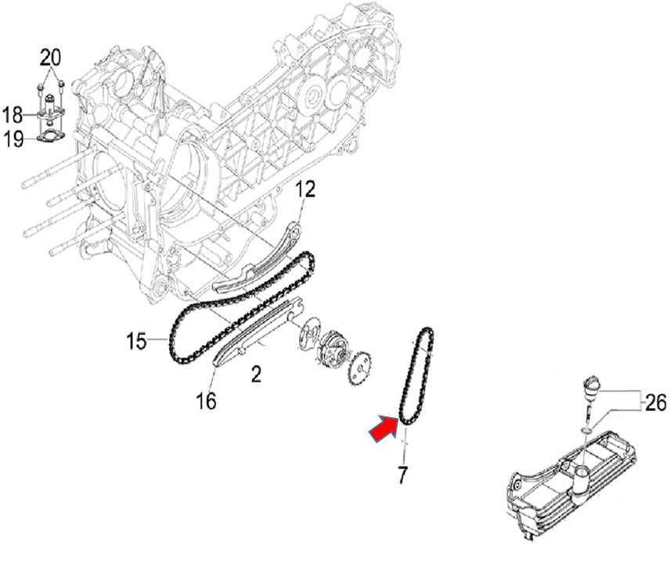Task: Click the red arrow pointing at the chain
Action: (384, 427)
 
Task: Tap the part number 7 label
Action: (402, 474)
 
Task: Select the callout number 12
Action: (305, 189)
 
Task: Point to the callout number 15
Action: (137, 341)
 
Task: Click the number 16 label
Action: (206, 401)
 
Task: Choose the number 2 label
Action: (256, 374)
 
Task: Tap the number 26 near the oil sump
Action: (655, 402)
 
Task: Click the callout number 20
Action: (50, 58)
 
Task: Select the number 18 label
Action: (13, 115)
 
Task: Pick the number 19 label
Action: (13, 139)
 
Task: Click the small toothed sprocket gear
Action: (361, 368)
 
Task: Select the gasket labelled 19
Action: (50, 137)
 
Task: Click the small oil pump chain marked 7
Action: (416, 376)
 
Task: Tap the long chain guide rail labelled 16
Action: (258, 332)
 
